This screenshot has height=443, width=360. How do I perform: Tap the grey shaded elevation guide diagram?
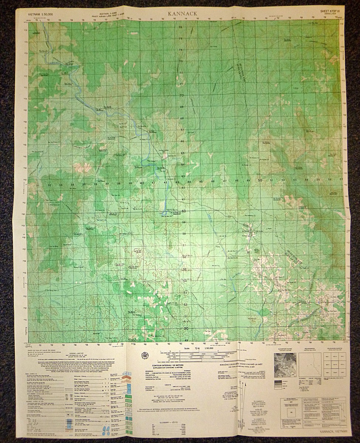[x=285, y=365]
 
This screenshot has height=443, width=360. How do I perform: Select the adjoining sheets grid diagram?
[x=333, y=365]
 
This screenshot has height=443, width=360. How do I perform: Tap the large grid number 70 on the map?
[x=181, y=96]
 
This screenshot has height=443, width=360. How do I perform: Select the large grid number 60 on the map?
[x=184, y=211]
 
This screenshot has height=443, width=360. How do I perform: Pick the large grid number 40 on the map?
[x=142, y=183]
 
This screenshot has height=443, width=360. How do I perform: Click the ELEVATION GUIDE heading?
[x=285, y=348]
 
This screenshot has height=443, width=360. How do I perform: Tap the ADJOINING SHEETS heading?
[x=333, y=348]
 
